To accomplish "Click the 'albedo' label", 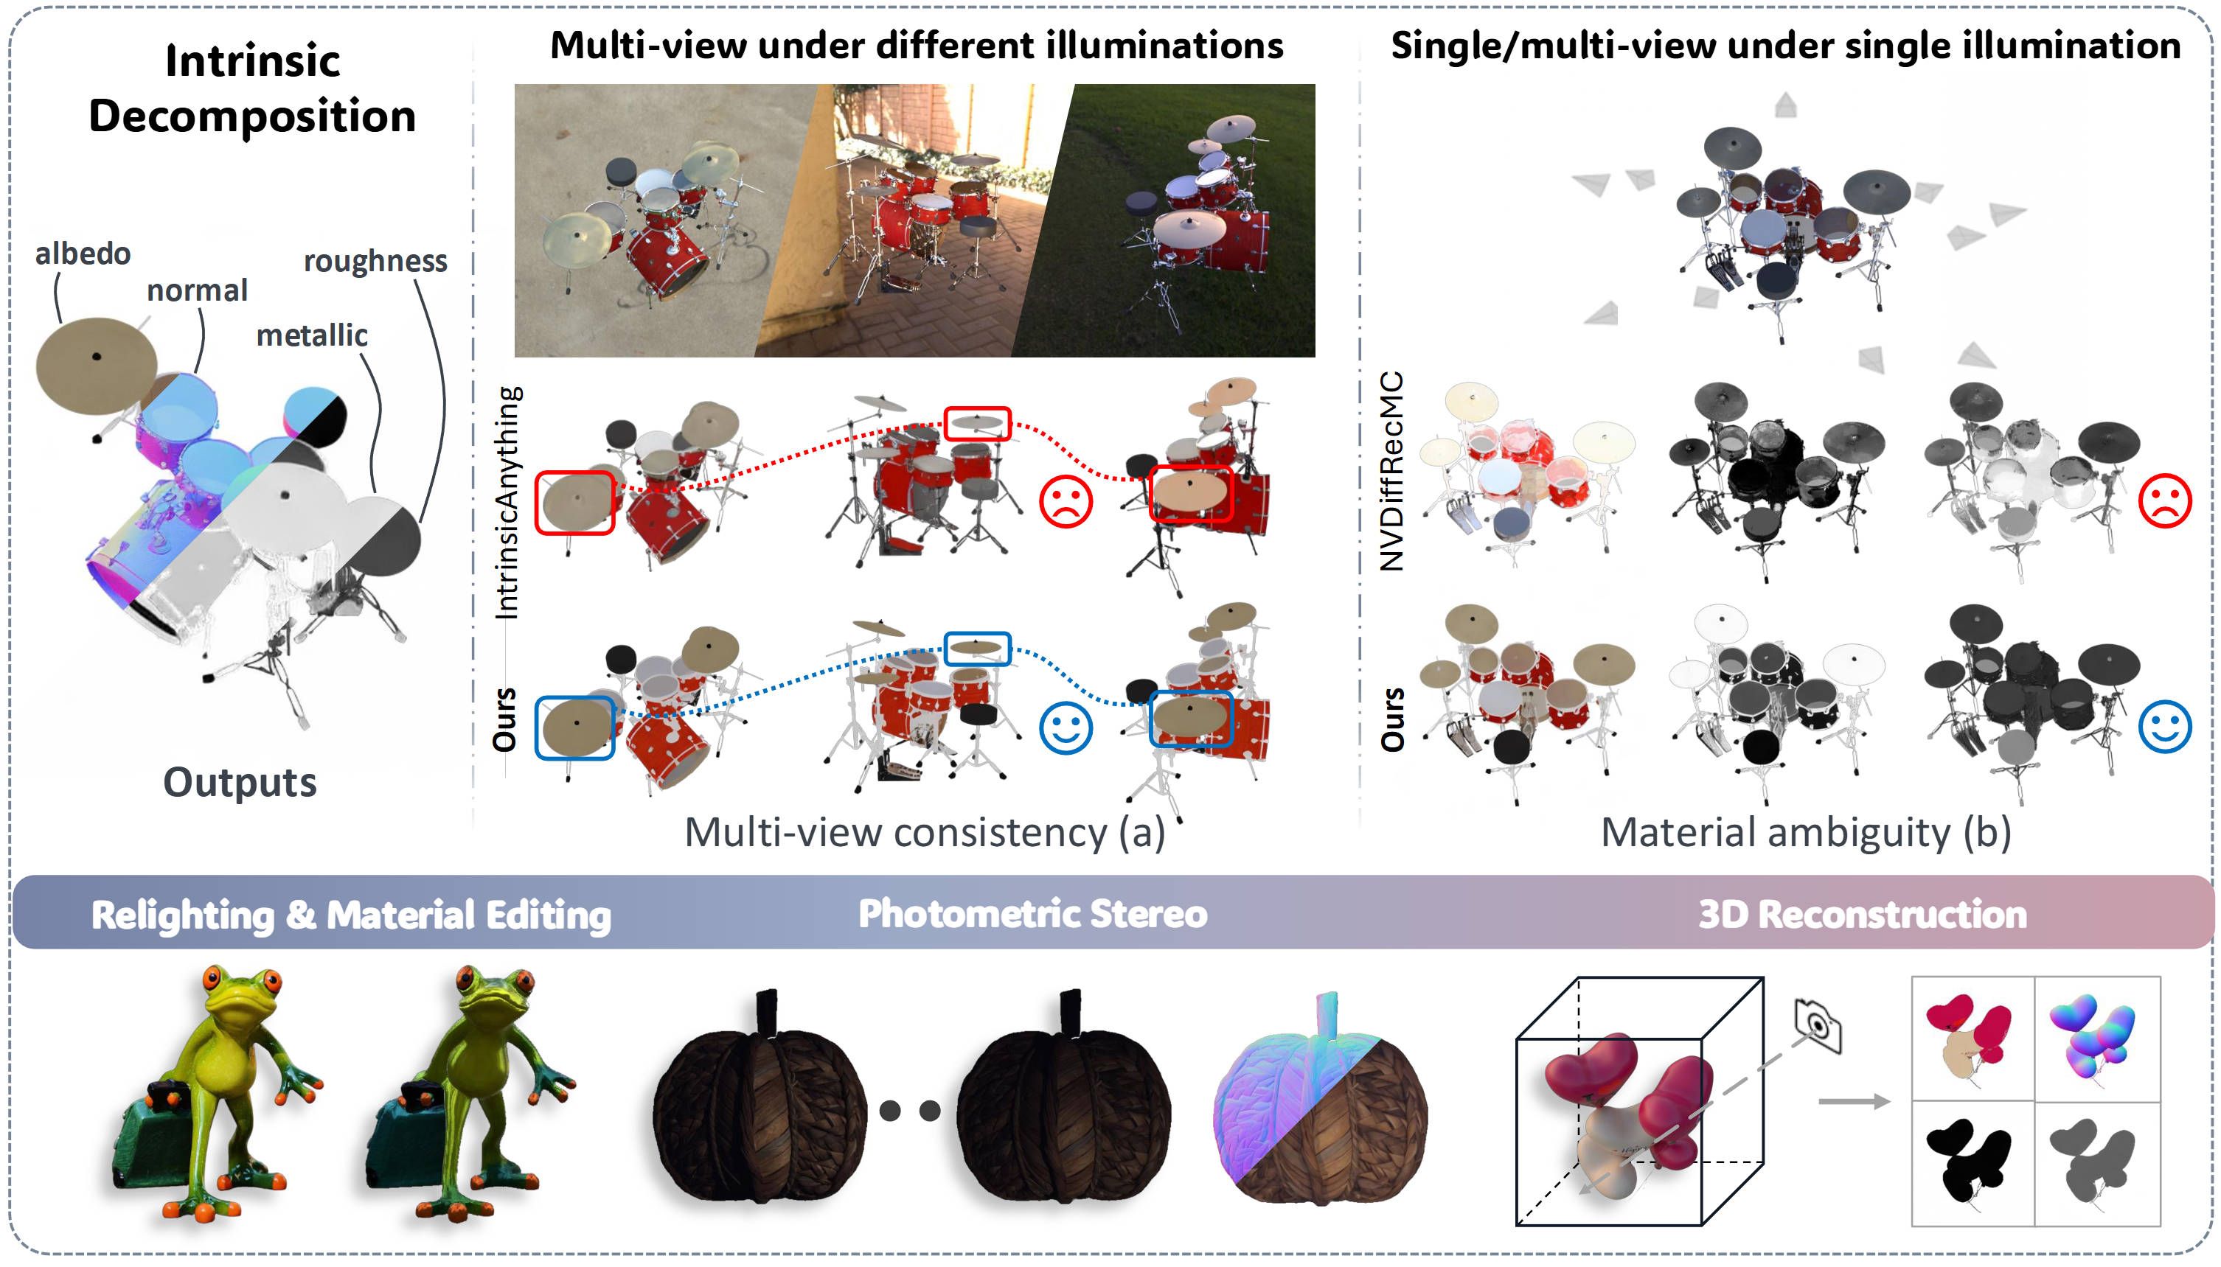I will (x=83, y=254).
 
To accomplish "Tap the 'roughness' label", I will (x=375, y=261).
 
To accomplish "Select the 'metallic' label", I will (x=312, y=336).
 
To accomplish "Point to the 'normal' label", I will (x=197, y=290).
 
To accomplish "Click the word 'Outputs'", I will (x=240, y=782).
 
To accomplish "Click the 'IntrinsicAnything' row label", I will (x=507, y=503).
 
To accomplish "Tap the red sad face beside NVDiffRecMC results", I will (x=2164, y=500).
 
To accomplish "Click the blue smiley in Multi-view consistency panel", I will (x=1066, y=727).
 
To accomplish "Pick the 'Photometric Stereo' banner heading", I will (x=1032, y=914).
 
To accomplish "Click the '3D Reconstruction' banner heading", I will (x=1863, y=915).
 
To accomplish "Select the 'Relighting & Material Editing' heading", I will (x=351, y=915).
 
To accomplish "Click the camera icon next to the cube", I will (x=1817, y=1026).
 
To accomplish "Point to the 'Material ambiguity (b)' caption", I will (x=1805, y=833).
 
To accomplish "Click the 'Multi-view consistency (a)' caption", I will (x=924, y=833).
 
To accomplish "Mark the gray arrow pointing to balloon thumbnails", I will (x=1854, y=1102).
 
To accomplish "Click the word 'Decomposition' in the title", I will (x=252, y=116).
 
